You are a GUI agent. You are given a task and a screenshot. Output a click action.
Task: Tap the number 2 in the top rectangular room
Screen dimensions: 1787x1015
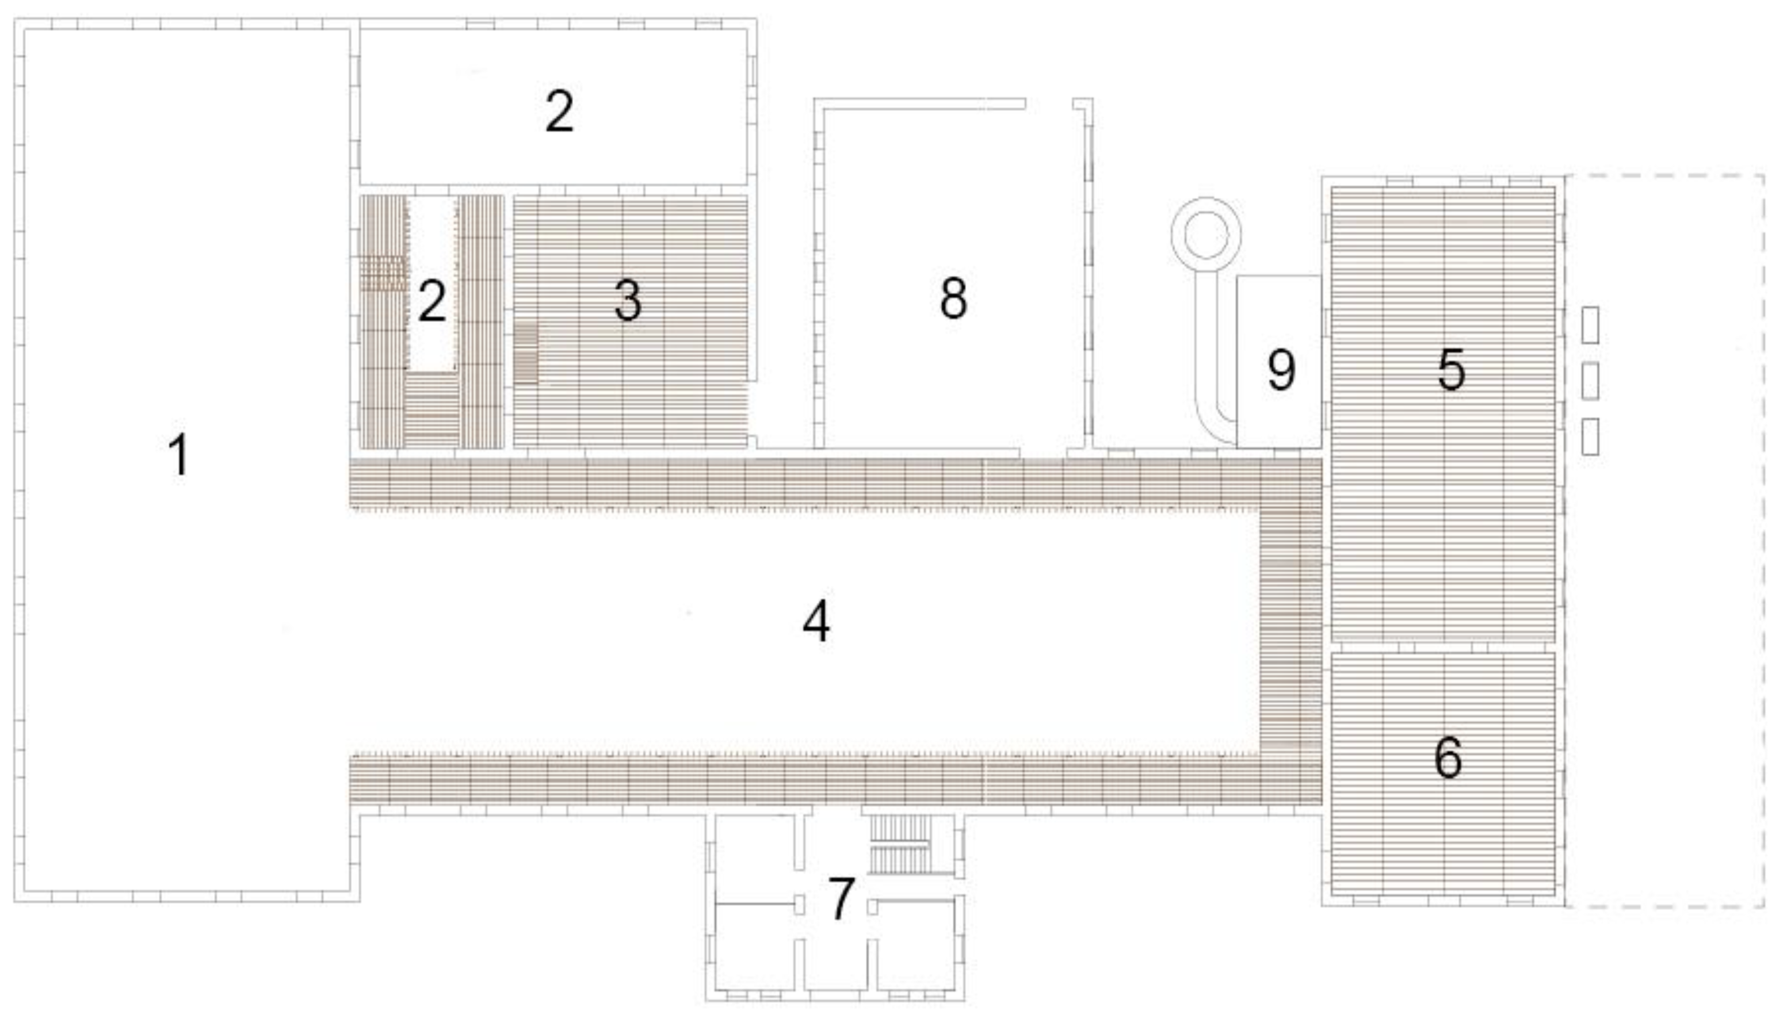pos(559,112)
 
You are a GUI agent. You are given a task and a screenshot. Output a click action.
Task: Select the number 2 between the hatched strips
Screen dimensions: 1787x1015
pos(432,301)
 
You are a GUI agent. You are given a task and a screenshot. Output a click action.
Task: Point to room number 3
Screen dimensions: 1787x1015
pos(628,301)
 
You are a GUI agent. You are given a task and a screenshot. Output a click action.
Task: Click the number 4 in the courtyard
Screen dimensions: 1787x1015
pos(816,621)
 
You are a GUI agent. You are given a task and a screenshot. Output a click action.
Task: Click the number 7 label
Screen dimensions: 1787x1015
pos(841,899)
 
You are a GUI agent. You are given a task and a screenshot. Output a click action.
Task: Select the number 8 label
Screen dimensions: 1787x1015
pos(953,298)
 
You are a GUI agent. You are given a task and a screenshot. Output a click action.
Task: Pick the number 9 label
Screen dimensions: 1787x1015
pos(1281,370)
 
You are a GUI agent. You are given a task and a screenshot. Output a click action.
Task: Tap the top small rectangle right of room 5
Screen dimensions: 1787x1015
pos(1590,325)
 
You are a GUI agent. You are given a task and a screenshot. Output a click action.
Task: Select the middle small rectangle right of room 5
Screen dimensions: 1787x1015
pos(1590,381)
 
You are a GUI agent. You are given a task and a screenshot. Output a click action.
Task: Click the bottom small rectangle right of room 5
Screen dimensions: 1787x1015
pos(1590,436)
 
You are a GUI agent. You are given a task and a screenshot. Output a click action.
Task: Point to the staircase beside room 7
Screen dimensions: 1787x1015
pos(900,844)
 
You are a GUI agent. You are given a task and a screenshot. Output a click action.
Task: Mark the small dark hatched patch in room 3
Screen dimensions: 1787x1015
pos(526,353)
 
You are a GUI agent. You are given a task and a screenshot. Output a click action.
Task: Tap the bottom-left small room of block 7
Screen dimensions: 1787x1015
pos(756,946)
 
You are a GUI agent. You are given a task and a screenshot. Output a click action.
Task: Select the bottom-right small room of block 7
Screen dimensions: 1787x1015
pos(916,946)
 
